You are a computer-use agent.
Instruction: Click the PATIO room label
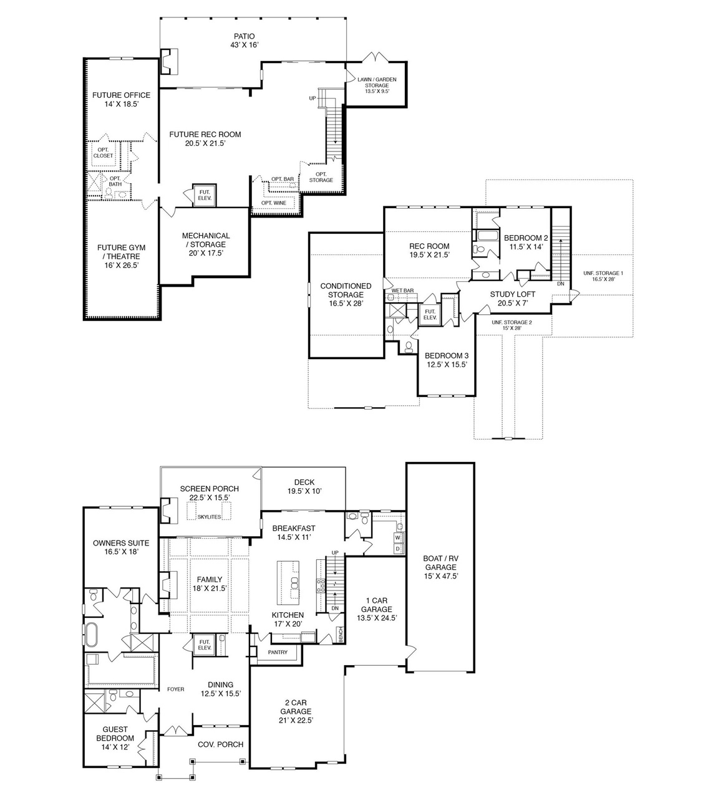click(244, 37)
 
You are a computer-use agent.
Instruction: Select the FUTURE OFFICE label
click(121, 95)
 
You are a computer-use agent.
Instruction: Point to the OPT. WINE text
click(274, 203)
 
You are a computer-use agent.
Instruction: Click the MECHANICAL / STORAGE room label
click(206, 240)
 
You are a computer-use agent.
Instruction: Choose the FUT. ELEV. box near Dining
click(205, 645)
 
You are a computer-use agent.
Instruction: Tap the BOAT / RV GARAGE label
click(440, 562)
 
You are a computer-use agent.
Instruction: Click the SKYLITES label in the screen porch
click(209, 517)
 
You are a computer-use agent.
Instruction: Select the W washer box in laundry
click(397, 537)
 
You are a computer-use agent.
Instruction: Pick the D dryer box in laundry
click(397, 549)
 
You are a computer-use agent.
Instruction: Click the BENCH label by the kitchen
click(341, 635)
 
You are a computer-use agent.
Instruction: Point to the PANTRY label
click(278, 652)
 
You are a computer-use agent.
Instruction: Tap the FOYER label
click(176, 690)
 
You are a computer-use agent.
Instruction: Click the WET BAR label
click(402, 291)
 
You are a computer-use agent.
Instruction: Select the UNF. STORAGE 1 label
click(603, 273)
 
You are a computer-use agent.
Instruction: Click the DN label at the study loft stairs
click(561, 284)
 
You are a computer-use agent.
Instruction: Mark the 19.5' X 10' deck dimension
click(304, 491)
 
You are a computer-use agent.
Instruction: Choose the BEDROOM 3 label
click(447, 355)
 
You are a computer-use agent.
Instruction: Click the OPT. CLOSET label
click(103, 153)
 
